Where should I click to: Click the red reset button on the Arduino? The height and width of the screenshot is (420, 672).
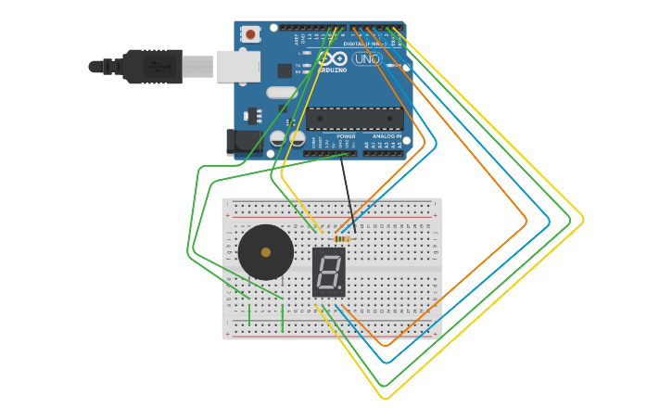pyautogui.click(x=250, y=34)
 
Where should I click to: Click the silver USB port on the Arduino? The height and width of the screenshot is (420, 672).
pyautogui.click(x=238, y=67)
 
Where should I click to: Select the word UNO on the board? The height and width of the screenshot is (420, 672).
pyautogui.click(x=367, y=58)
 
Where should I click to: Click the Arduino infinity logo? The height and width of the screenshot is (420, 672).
pyautogui.click(x=331, y=57)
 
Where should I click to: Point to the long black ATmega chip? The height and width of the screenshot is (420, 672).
pyautogui.click(x=355, y=119)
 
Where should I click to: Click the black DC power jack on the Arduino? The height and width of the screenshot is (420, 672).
pyautogui.click(x=245, y=142)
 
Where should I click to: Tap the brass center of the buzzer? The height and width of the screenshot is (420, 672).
pyautogui.click(x=266, y=252)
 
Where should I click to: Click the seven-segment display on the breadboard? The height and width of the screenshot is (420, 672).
pyautogui.click(x=328, y=272)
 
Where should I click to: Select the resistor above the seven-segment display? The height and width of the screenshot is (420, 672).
pyautogui.click(x=342, y=239)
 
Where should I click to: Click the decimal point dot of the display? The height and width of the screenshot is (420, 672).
pyautogui.click(x=340, y=287)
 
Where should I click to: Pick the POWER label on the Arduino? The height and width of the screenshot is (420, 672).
pyautogui.click(x=346, y=136)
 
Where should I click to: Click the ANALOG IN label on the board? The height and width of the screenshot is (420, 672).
pyautogui.click(x=387, y=136)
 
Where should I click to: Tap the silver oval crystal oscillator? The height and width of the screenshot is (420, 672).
pyautogui.click(x=281, y=93)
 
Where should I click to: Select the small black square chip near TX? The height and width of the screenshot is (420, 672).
pyautogui.click(x=285, y=70)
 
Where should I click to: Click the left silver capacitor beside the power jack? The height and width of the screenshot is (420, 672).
pyautogui.click(x=278, y=138)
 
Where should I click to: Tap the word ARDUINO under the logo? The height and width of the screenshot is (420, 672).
pyautogui.click(x=331, y=70)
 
